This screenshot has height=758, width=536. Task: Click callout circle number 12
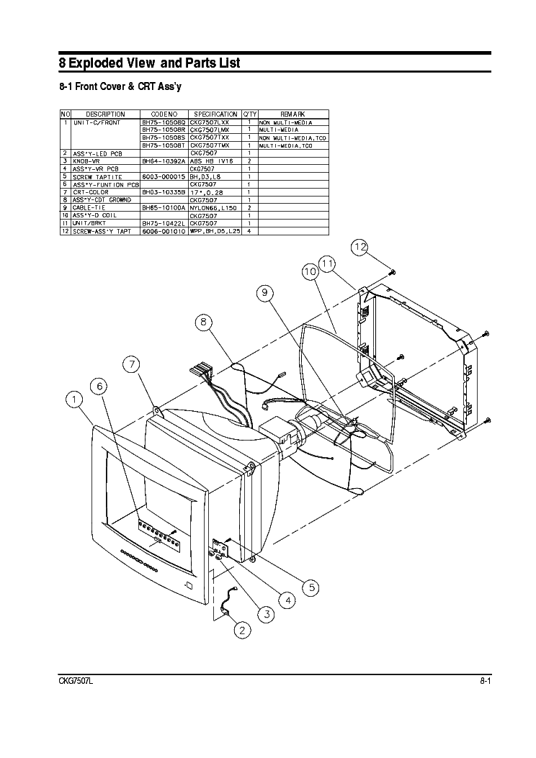(359, 248)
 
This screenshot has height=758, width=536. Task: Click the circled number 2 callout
(242, 631)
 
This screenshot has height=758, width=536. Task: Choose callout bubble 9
(264, 292)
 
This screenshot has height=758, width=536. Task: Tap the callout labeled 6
(100, 387)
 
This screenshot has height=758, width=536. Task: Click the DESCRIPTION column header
(105, 114)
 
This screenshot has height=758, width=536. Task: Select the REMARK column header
(292, 114)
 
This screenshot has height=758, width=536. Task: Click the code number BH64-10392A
(164, 161)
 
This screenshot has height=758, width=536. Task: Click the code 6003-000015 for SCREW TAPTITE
(164, 176)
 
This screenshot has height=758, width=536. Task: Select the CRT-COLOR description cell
(91, 192)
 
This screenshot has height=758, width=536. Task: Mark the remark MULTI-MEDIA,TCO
(286, 145)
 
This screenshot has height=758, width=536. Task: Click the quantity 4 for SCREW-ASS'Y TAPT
(249, 230)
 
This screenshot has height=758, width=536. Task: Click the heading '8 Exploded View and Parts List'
(149, 63)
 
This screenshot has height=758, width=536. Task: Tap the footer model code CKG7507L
(76, 681)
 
